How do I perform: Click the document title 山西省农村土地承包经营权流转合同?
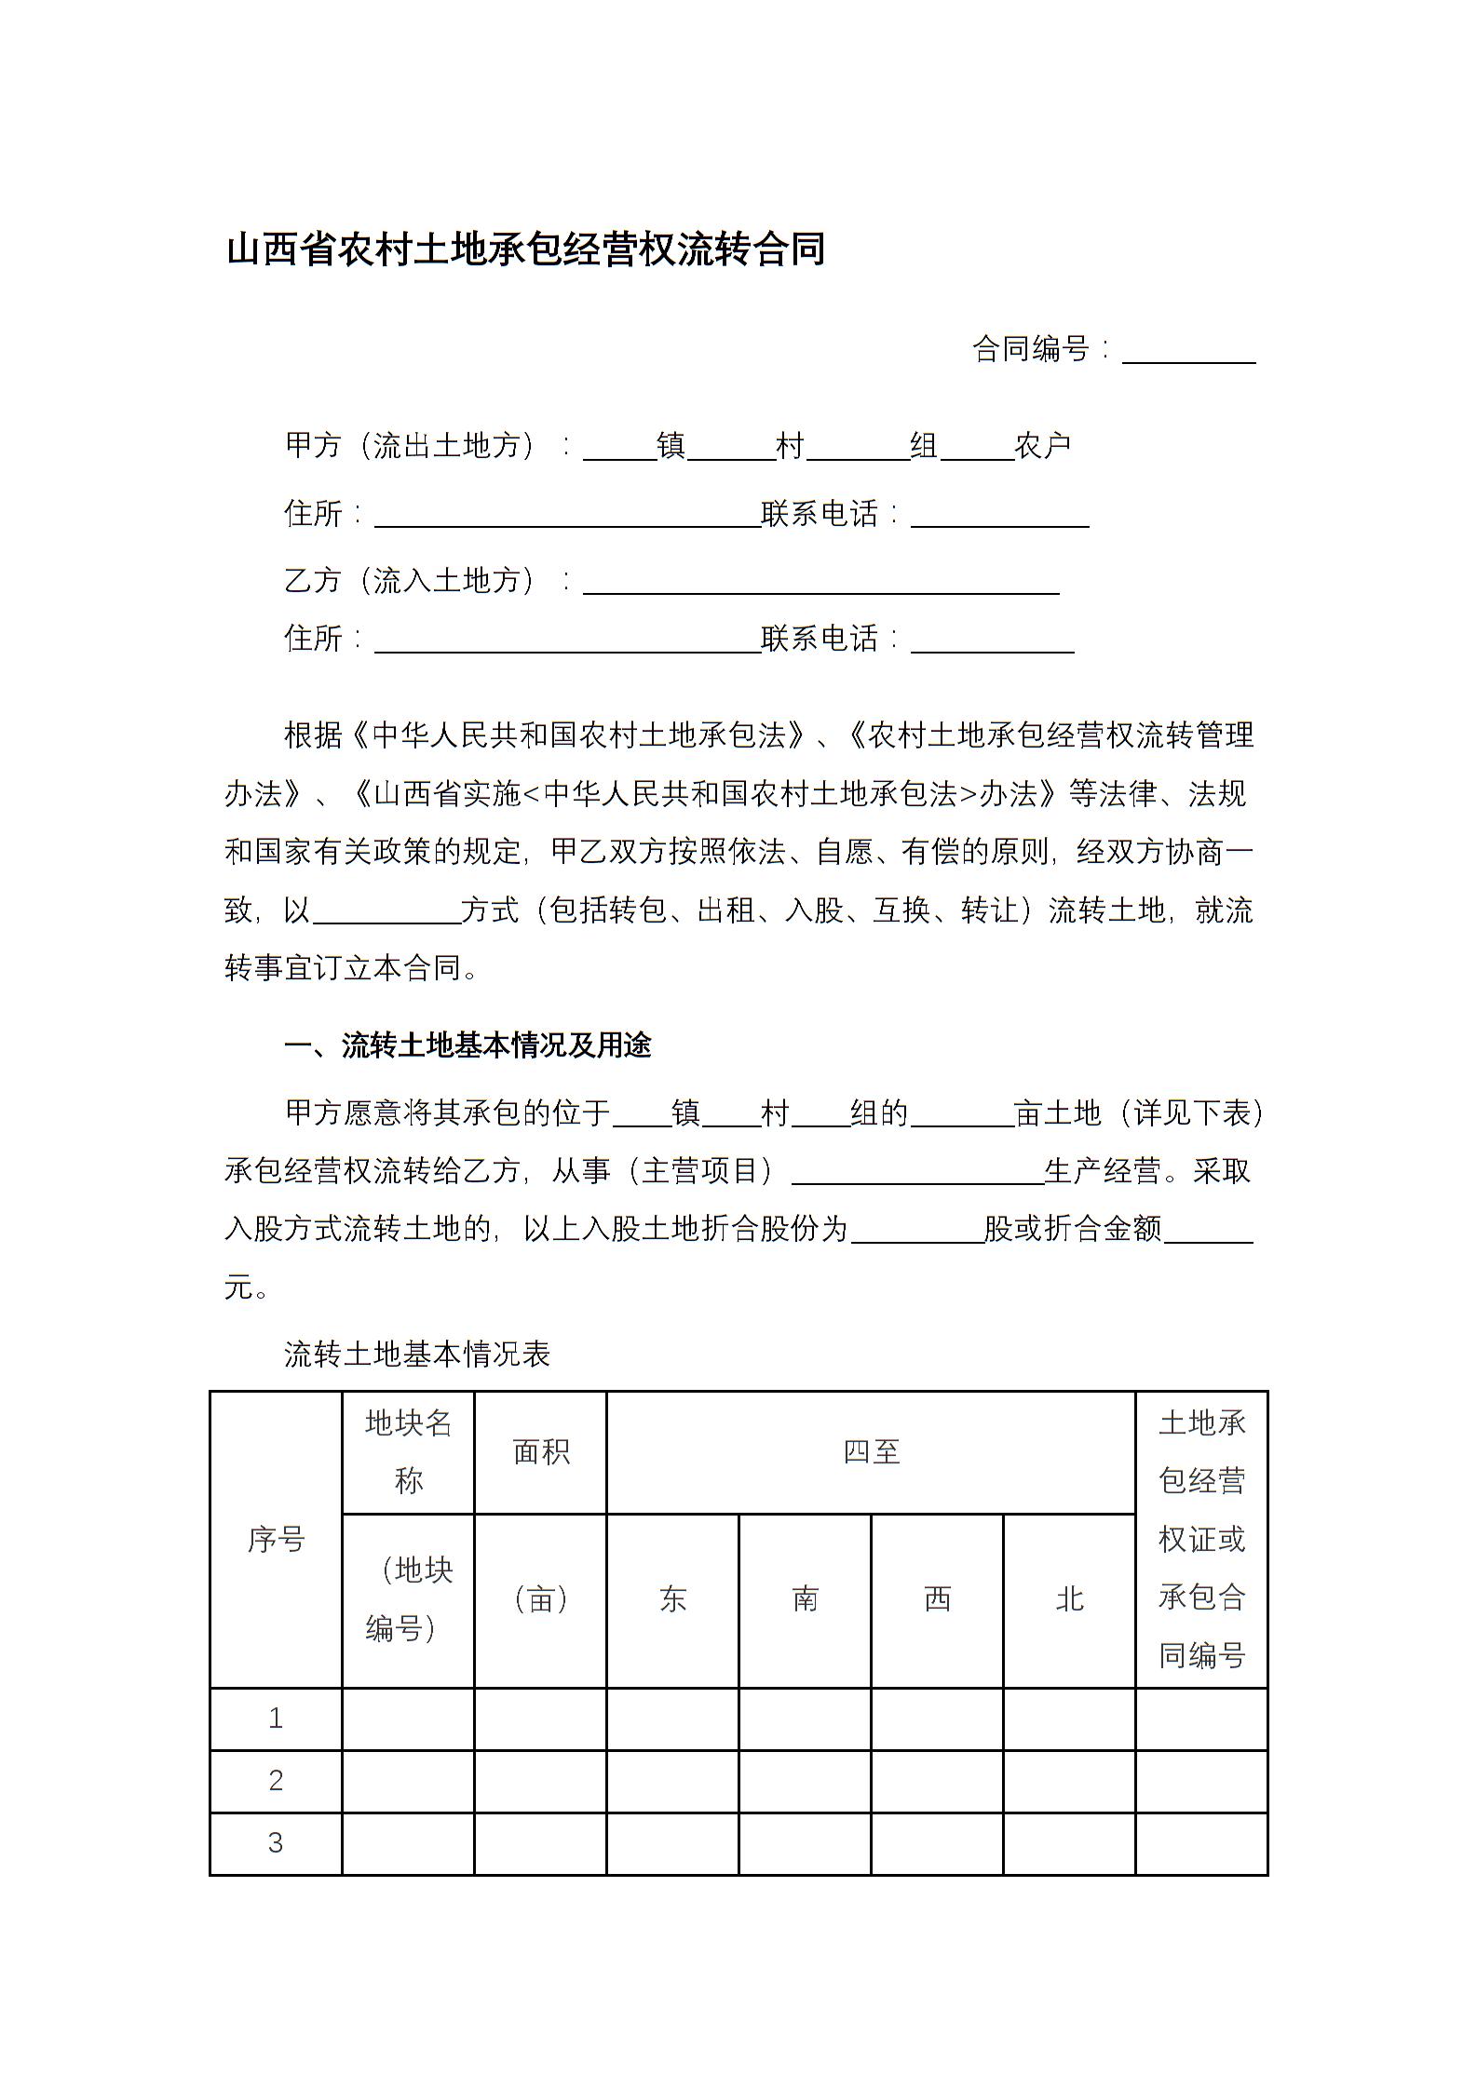point(525,249)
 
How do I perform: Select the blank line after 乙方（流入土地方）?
point(820,583)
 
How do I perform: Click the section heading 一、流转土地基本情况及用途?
point(467,1045)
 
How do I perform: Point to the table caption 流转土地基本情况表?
point(417,1354)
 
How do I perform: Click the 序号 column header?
point(276,1539)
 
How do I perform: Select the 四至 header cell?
point(871,1451)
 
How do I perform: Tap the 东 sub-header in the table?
point(672,1598)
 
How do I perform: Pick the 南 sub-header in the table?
point(805,1598)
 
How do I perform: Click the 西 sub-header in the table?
point(937,1598)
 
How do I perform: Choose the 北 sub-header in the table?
point(1069,1598)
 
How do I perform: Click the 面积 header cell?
point(540,1451)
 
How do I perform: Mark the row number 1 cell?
point(276,1718)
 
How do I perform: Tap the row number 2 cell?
point(276,1780)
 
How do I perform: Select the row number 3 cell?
point(276,1842)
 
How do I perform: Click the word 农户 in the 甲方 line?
point(1043,446)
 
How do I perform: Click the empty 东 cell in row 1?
point(672,1718)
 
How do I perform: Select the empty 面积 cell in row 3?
point(540,1842)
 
